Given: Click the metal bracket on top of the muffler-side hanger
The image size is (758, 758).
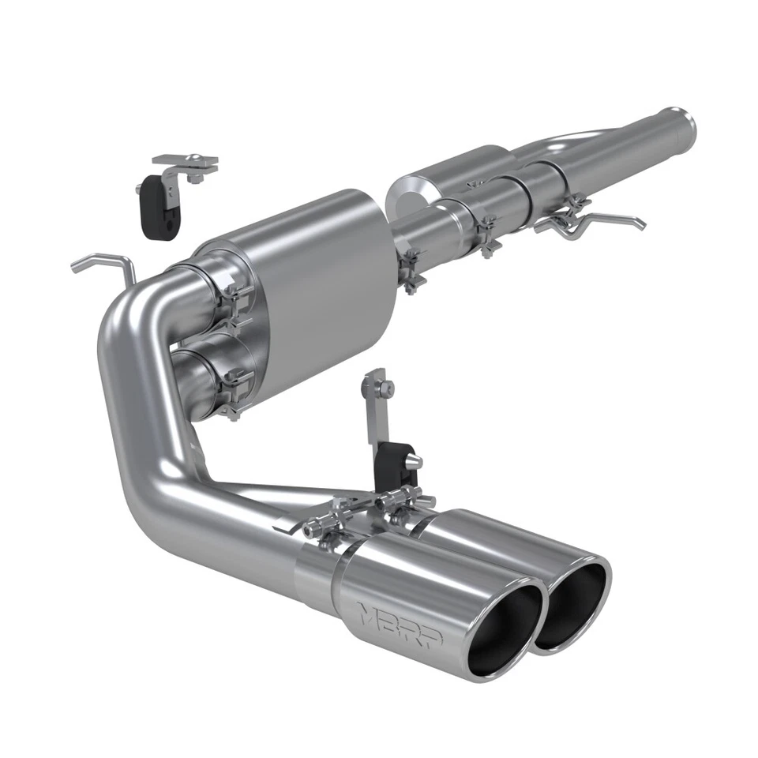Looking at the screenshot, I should pos(186,164).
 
